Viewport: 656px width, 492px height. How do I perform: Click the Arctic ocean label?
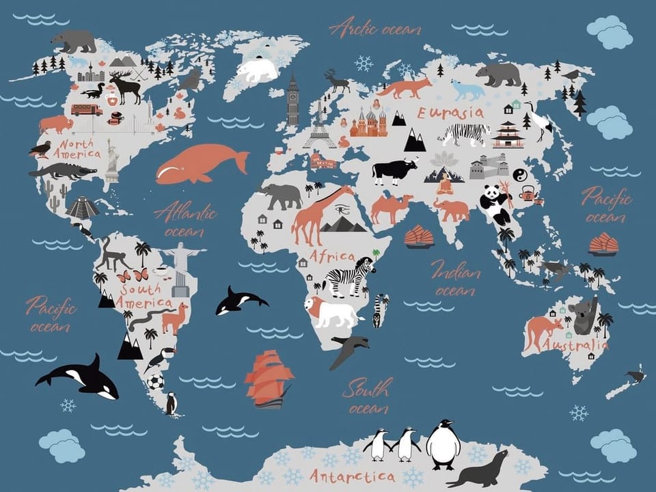374,28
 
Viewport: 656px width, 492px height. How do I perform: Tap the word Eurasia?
450,113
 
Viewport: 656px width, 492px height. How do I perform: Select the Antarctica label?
352,475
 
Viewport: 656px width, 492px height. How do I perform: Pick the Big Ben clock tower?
293,100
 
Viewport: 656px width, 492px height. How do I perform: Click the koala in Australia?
585,316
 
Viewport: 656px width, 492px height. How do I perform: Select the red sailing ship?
269,378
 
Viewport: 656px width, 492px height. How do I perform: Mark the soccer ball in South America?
156,382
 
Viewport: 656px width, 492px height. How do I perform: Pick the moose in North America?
126,87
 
